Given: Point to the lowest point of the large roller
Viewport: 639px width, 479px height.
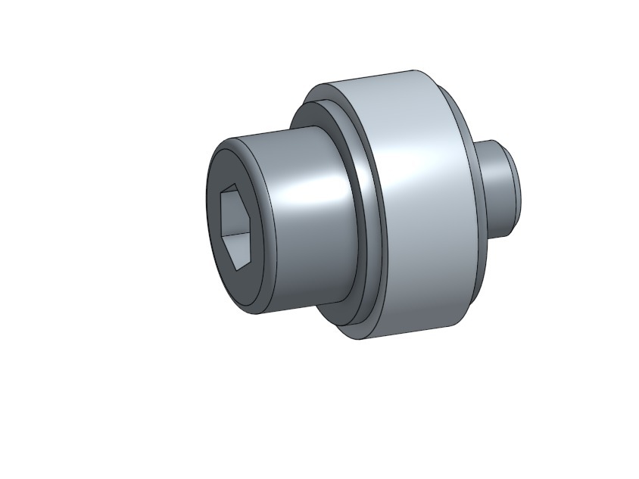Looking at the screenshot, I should coord(360,338).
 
